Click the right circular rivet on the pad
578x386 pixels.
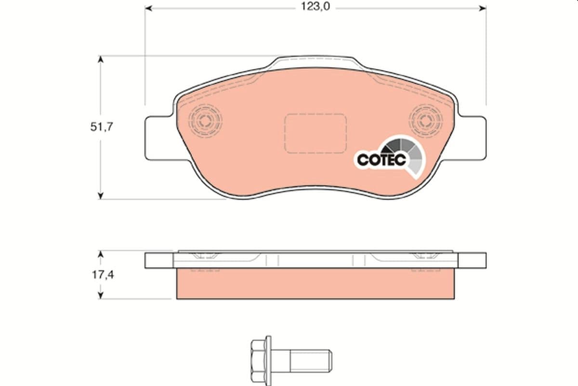[425, 120]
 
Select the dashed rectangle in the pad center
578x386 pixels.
[315, 133]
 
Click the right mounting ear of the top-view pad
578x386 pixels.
[472, 138]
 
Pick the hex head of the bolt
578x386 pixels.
[261, 358]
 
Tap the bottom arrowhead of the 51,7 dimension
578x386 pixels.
[100, 195]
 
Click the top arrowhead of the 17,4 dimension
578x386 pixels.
[100, 254]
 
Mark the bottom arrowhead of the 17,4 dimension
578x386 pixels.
[100, 295]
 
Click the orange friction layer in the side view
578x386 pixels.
[315, 284]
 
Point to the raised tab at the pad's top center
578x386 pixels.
[315, 63]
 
